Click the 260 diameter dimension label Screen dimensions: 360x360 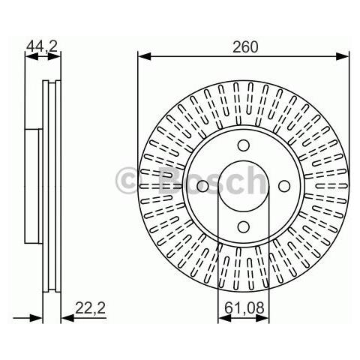(x=244, y=47)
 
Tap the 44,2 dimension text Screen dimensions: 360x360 (x=42, y=46)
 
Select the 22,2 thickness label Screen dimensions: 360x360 (x=91, y=307)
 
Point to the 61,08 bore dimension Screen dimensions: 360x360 (x=244, y=307)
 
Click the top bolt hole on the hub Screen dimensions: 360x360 (x=244, y=145)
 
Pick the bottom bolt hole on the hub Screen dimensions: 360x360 (x=244, y=226)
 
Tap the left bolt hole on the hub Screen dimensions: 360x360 (x=202, y=186)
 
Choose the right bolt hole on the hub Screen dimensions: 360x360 (x=284, y=186)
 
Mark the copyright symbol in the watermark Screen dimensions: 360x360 (x=127, y=181)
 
